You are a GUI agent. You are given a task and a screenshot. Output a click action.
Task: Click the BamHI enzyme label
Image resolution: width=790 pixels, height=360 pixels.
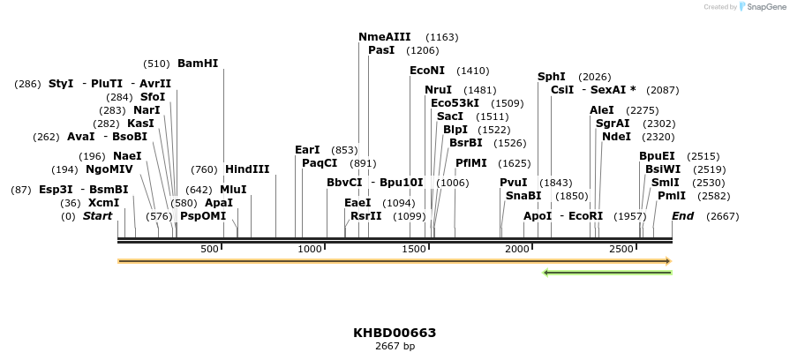[198, 64]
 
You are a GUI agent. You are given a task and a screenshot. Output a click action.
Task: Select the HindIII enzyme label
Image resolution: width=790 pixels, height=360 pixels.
[247, 169]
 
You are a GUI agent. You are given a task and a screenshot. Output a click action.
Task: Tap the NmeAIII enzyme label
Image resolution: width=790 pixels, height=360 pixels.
[385, 37]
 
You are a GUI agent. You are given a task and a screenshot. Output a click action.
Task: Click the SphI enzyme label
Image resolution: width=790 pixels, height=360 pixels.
[552, 77]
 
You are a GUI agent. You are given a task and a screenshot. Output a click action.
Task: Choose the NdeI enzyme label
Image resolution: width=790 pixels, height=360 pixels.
[617, 137]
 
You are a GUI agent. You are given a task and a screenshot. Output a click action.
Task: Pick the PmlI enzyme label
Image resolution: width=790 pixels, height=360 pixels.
[672, 196]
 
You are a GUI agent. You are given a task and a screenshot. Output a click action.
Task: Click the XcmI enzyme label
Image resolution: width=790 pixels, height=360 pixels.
[103, 203]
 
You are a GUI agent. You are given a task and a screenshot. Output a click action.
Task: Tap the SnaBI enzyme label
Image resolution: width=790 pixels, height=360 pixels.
[523, 196]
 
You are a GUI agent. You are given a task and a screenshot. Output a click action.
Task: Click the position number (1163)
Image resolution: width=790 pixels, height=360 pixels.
[442, 37]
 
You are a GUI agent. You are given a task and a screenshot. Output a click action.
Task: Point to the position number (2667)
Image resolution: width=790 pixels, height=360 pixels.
[723, 216]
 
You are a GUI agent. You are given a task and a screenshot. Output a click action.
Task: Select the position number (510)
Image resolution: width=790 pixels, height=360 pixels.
[156, 64]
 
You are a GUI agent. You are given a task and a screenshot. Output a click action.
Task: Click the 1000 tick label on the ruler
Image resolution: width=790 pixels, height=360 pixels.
[311, 250]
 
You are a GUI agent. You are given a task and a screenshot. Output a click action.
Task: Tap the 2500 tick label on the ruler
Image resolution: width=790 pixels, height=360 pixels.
[621, 250]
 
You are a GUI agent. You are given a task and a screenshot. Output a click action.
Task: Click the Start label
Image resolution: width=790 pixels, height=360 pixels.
[97, 216]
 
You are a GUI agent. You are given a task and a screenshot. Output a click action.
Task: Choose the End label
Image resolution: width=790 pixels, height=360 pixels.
[683, 216]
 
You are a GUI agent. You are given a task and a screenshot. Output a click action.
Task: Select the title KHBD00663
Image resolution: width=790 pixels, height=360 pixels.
[395, 333]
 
